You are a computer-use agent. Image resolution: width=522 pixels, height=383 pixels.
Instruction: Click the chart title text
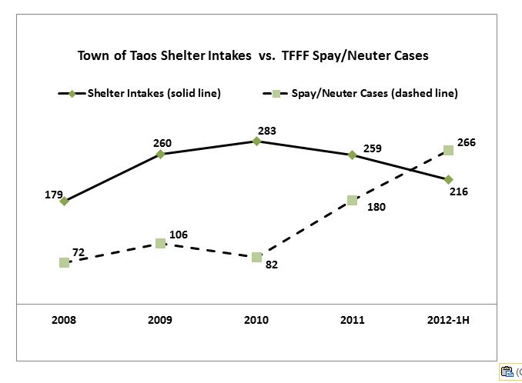coord(253,56)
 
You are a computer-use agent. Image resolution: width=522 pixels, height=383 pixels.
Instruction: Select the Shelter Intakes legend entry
coord(139,94)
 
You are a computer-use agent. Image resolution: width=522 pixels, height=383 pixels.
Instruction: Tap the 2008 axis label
coord(64,320)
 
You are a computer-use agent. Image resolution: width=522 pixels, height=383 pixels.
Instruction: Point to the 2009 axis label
coord(160,320)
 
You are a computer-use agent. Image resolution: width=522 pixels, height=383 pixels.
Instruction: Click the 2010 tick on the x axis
coord(256,320)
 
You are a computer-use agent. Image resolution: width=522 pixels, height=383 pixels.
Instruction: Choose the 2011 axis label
coord(352,320)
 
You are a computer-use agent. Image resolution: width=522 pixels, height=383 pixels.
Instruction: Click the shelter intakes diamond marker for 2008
coord(64,201)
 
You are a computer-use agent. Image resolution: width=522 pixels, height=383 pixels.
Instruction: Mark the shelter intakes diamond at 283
coord(256,141)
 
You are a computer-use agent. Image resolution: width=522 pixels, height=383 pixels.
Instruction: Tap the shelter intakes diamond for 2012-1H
coord(448,179)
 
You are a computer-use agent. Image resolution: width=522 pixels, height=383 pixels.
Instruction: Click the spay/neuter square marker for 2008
coord(64,262)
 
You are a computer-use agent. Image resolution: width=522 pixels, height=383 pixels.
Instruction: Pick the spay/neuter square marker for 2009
coord(160,243)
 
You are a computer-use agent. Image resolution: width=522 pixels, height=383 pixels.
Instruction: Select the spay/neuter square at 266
coord(448,151)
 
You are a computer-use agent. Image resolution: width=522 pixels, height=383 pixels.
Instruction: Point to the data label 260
coord(162,142)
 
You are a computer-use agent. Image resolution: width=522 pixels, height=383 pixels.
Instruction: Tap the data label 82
coord(271,265)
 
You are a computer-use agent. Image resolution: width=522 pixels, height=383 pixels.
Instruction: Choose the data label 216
coord(459,191)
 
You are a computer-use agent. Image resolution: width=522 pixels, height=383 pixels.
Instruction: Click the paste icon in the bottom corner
coord(507,371)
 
